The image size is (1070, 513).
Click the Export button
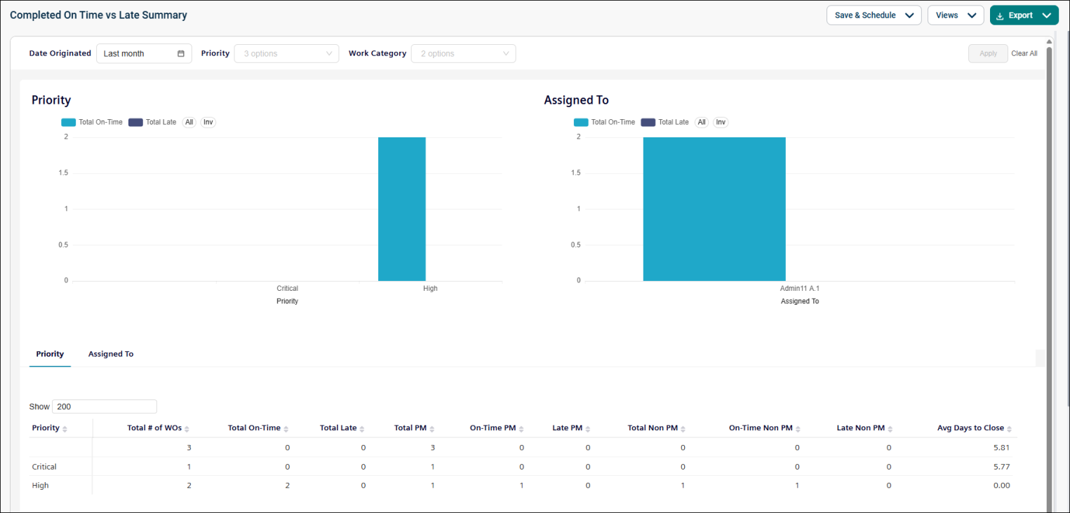[1024, 15]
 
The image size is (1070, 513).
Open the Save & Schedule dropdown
[874, 15]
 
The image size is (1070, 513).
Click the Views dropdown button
[956, 15]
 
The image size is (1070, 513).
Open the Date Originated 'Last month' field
[144, 53]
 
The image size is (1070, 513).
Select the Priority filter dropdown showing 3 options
[286, 53]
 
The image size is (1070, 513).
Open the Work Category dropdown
[463, 53]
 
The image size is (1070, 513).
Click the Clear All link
[1024, 53]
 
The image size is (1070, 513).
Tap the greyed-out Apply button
[988, 53]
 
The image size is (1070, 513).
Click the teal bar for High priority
[402, 209]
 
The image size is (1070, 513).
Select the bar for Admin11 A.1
[714, 209]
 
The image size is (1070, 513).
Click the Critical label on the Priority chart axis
[287, 288]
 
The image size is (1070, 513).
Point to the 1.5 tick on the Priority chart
[64, 172]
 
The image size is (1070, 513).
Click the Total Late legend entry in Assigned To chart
[665, 122]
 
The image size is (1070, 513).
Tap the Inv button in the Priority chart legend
[208, 122]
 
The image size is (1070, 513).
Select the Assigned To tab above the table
[111, 354]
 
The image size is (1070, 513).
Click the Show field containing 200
[104, 406]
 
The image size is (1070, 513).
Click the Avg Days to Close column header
[970, 428]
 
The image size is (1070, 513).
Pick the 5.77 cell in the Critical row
[1002, 467]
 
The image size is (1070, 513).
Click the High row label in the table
[40, 486]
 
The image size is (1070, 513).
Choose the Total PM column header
[410, 428]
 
